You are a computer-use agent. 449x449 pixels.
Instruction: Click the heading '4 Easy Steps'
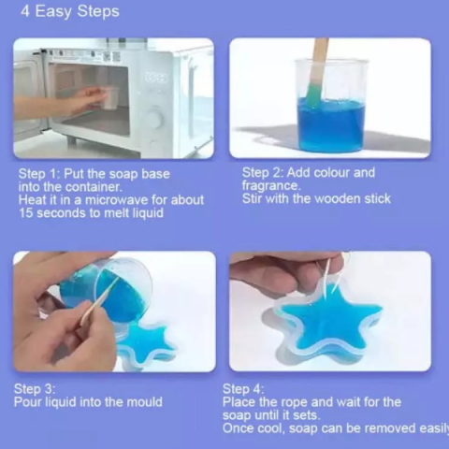pos(70,12)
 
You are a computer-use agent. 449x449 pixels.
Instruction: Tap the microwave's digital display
pos(155,77)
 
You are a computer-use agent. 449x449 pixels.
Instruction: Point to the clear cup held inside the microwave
pos(110,97)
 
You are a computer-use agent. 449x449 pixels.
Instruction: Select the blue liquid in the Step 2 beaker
pos(331,123)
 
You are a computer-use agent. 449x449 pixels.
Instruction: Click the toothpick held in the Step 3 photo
pos(99,301)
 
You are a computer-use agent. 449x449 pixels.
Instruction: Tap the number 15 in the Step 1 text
pos(25,213)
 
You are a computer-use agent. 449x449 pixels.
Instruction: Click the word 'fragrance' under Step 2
pos(269,186)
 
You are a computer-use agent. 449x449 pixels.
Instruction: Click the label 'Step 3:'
pos(35,389)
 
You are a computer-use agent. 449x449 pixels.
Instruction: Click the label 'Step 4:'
pos(243,389)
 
